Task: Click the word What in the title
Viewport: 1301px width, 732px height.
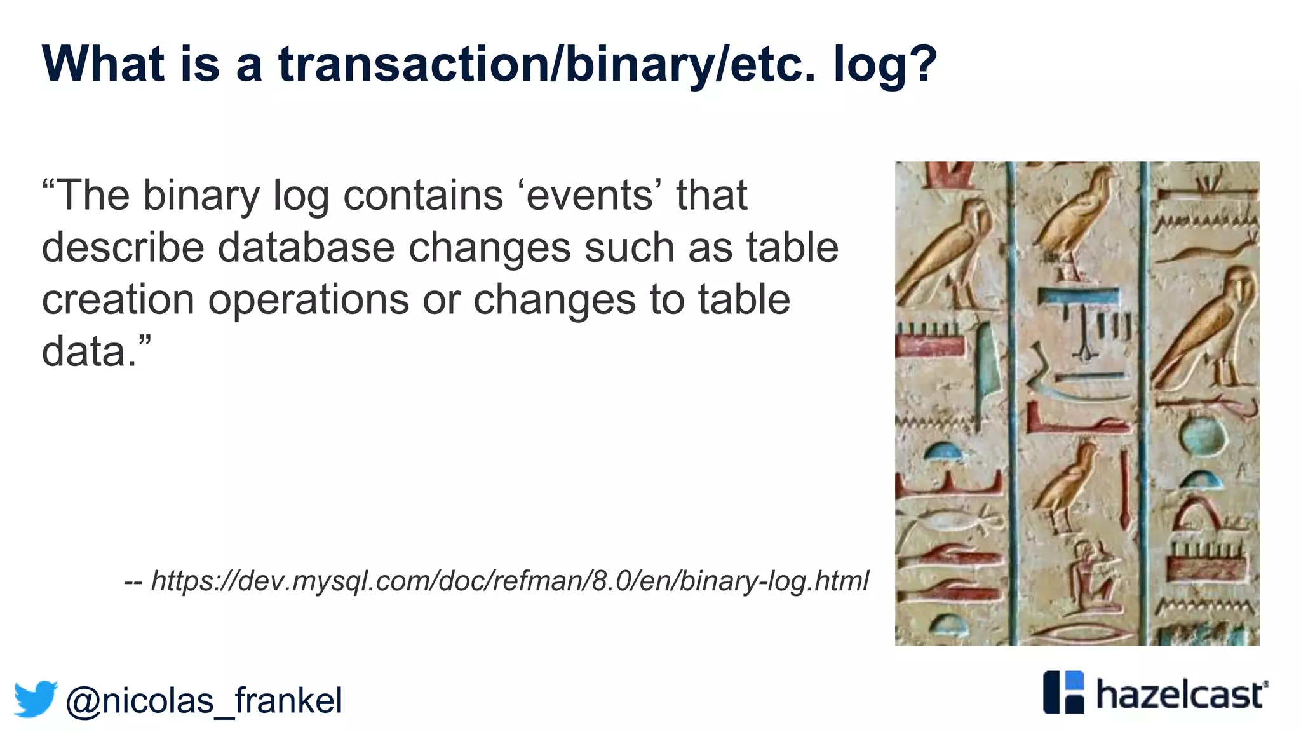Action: tap(104, 64)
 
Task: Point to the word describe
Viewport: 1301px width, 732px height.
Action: tap(123, 247)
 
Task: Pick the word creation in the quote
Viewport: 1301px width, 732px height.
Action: tap(118, 299)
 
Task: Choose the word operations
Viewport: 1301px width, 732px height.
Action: tap(309, 301)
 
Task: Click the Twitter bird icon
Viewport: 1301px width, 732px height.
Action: tap(36, 699)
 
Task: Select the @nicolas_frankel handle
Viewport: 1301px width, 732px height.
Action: tap(203, 700)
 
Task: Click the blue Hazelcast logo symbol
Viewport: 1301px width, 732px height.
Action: tap(1064, 692)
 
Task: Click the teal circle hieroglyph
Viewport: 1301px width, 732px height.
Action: tap(1204, 435)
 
